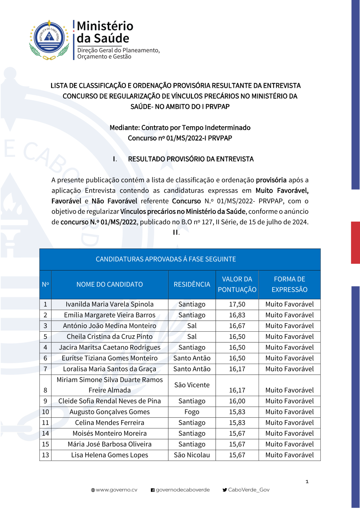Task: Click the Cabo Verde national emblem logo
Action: click(x=49, y=40)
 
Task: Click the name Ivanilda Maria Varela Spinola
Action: click(x=109, y=304)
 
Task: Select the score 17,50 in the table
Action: click(x=237, y=304)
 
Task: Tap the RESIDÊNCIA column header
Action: click(x=192, y=285)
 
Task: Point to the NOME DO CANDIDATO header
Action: click(x=109, y=285)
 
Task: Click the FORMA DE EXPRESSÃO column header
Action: click(x=289, y=285)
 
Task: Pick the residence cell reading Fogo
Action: click(x=192, y=412)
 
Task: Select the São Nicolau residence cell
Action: click(x=192, y=455)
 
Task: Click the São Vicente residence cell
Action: click(x=192, y=385)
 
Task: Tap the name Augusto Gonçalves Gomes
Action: click(x=109, y=412)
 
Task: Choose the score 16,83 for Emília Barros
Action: click(x=237, y=315)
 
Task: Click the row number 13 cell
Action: click(x=45, y=455)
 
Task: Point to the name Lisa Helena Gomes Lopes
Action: click(x=109, y=455)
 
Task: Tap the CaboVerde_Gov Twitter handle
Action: click(x=248, y=490)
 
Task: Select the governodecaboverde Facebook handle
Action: click(x=183, y=490)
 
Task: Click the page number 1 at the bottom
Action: click(x=307, y=482)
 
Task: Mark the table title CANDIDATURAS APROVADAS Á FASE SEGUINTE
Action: click(x=166, y=259)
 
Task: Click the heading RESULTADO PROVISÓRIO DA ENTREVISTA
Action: click(x=191, y=159)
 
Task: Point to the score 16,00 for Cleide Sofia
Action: click(x=237, y=401)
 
